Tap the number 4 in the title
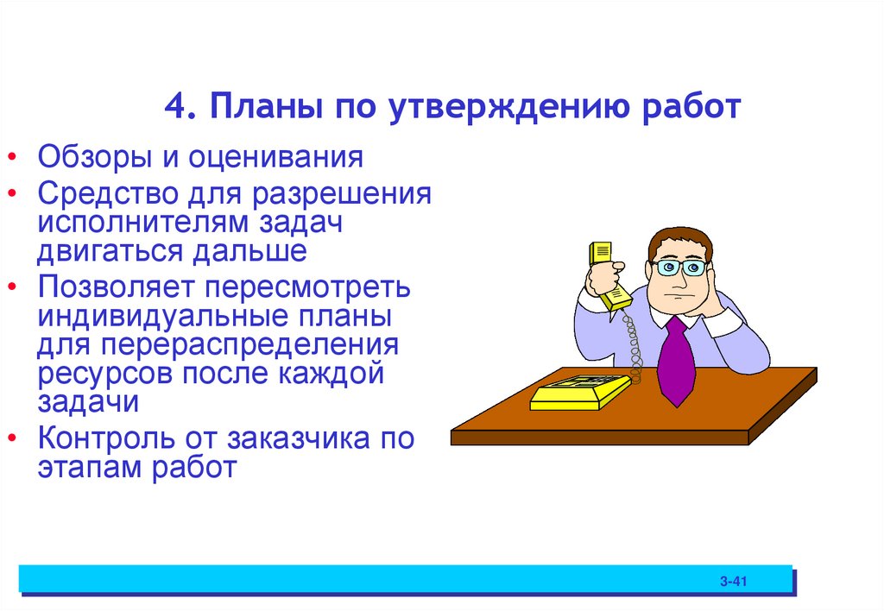click(175, 110)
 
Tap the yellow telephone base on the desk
click(579, 392)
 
